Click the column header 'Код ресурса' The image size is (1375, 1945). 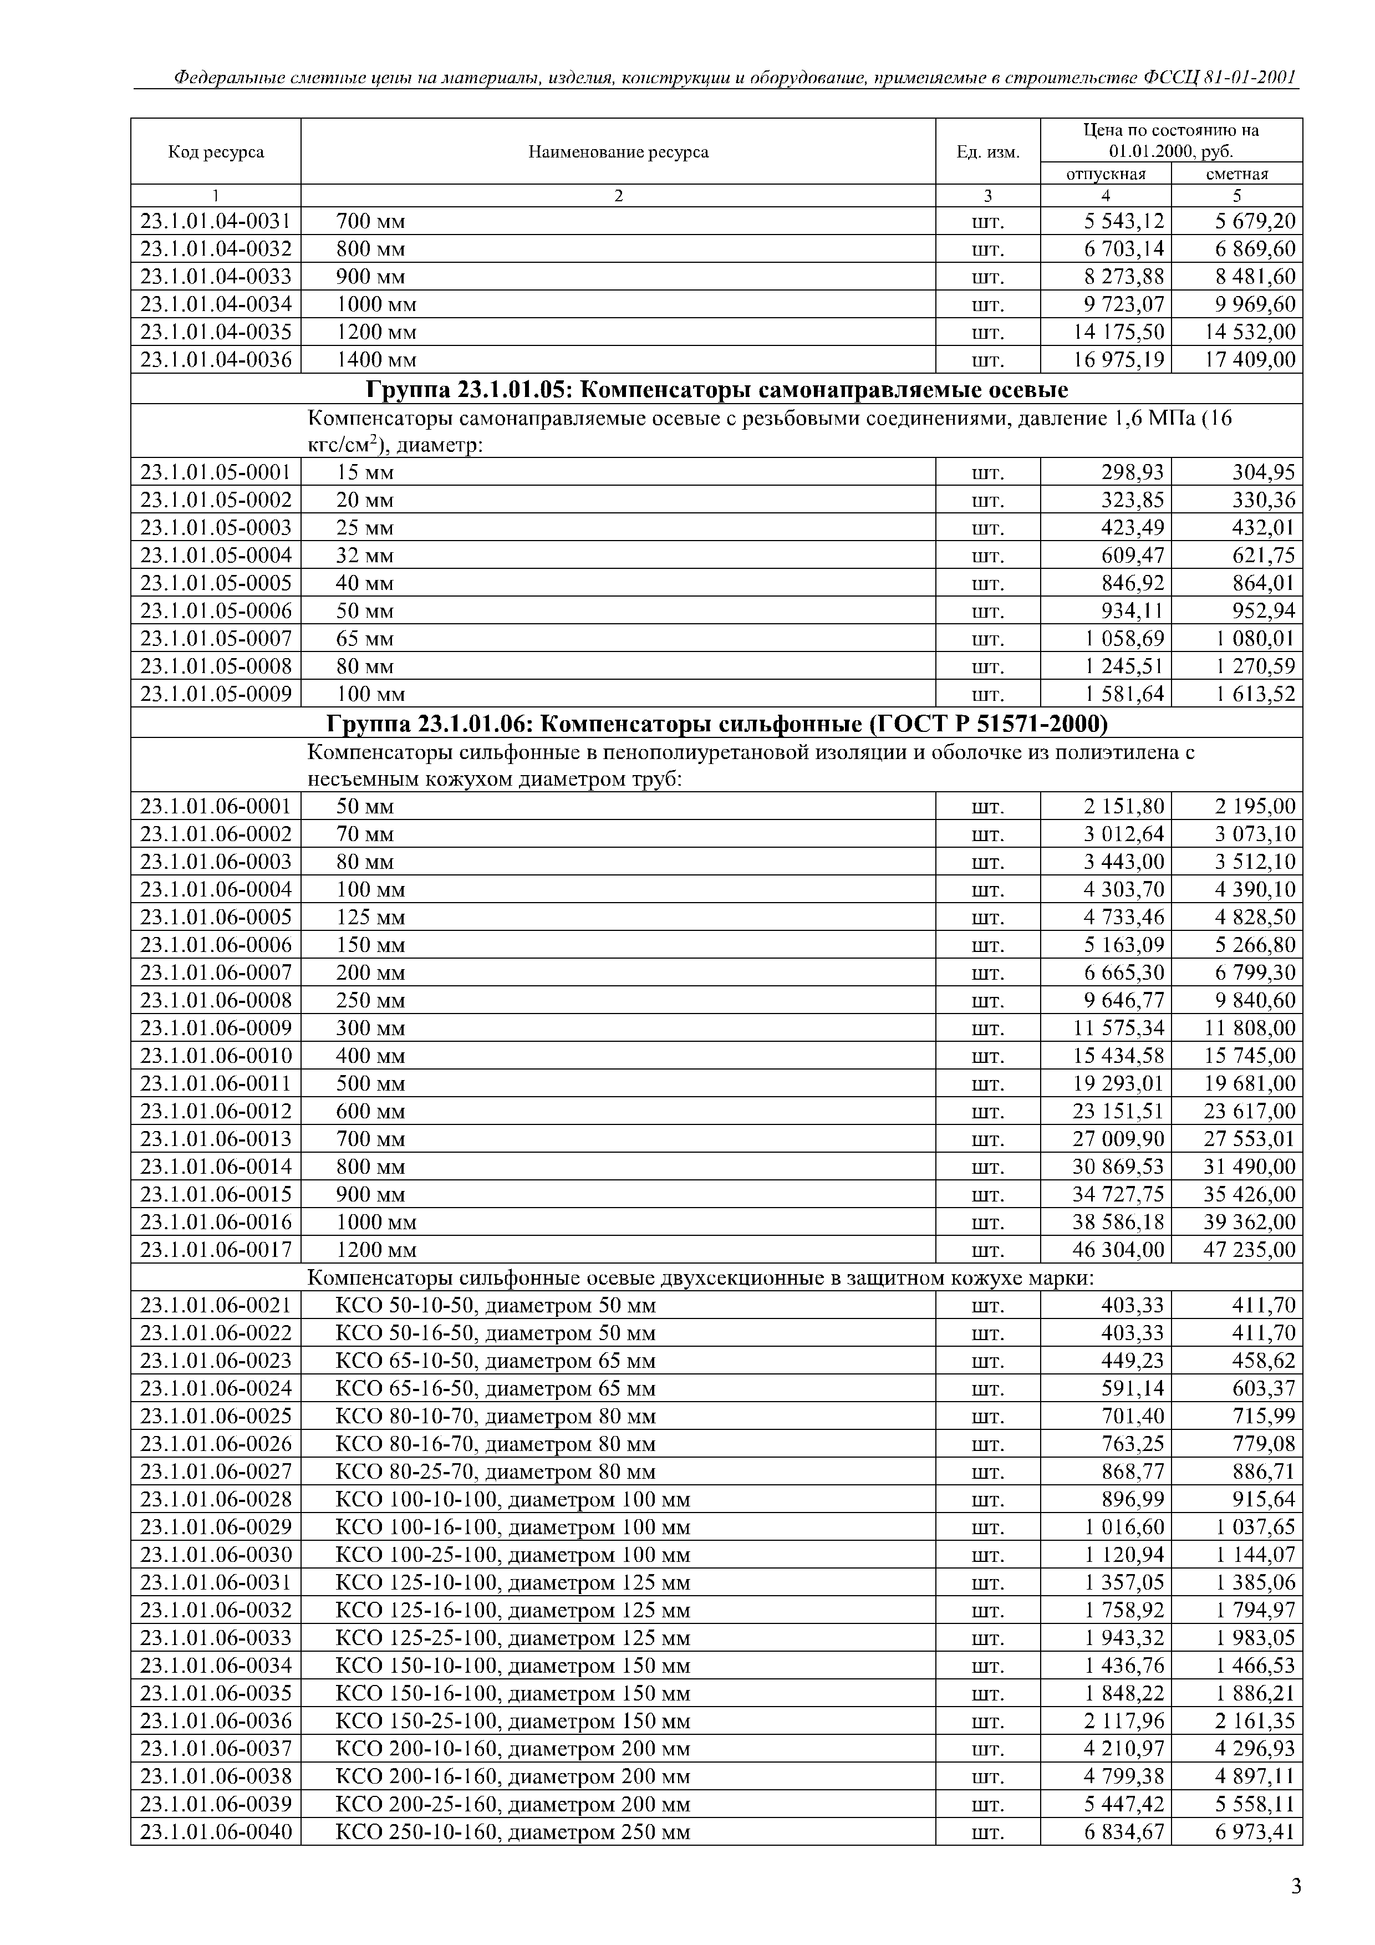click(x=216, y=152)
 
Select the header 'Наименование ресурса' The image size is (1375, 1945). click(x=618, y=152)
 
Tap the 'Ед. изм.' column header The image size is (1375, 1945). click(x=988, y=152)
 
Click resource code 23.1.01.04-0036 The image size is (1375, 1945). click(x=216, y=360)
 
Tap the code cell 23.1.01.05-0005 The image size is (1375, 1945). click(x=216, y=583)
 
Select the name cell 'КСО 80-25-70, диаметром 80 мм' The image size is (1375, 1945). click(x=496, y=1472)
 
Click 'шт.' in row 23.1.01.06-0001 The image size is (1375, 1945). click(x=988, y=807)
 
